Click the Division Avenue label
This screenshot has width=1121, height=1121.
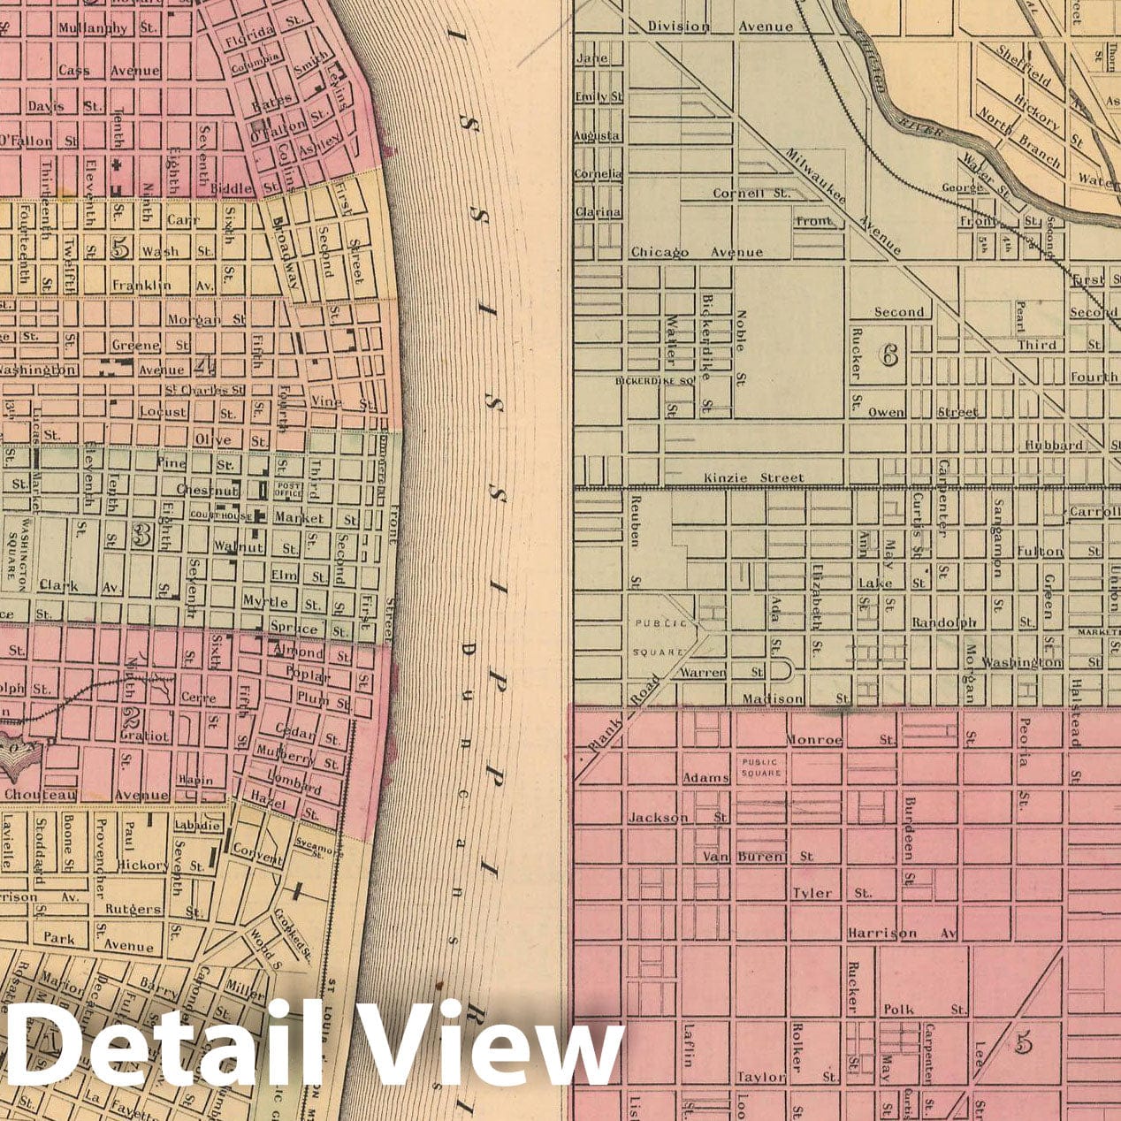720,27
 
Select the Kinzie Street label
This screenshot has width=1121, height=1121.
754,478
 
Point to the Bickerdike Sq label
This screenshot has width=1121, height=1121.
651,382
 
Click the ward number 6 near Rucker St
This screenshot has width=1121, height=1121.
888,355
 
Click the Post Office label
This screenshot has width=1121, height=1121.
289,489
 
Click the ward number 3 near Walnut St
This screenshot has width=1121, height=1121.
139,533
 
